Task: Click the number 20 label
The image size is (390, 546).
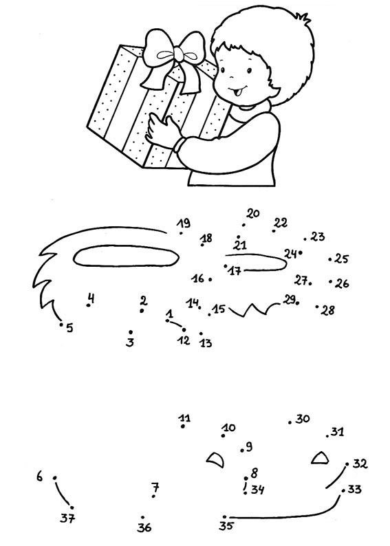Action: click(x=253, y=213)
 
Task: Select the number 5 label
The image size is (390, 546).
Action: click(x=69, y=328)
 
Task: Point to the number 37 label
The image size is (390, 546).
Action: click(x=67, y=518)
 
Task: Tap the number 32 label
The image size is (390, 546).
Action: click(x=360, y=463)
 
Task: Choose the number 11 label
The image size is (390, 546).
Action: click(x=184, y=417)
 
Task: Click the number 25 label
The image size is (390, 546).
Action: click(x=342, y=259)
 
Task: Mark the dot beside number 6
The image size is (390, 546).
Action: click(x=54, y=478)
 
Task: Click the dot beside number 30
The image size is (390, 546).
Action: click(x=290, y=422)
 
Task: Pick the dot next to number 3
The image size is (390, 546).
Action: click(x=131, y=332)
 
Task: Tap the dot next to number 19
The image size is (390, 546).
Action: click(x=181, y=233)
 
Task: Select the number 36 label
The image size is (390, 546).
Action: click(x=144, y=527)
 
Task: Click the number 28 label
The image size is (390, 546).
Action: click(x=327, y=310)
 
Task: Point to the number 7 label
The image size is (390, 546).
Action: click(x=155, y=487)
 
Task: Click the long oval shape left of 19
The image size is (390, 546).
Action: click(x=126, y=256)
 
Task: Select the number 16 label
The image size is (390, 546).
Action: click(x=198, y=279)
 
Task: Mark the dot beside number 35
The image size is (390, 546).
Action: click(x=225, y=517)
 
